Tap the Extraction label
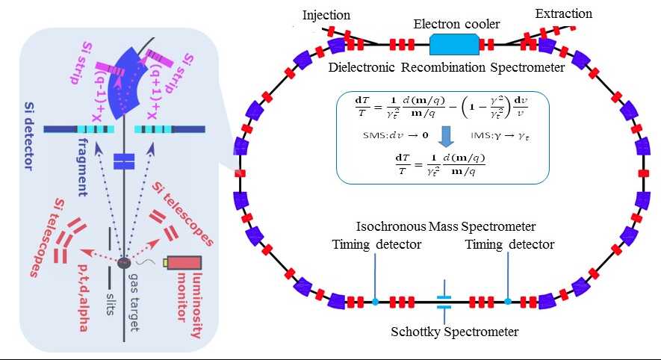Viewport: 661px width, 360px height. pyautogui.click(x=564, y=13)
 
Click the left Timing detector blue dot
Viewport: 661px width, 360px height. pyautogui.click(x=375, y=302)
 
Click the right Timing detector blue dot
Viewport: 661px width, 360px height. pyautogui.click(x=507, y=301)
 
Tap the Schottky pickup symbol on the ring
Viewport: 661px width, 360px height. pyautogui.click(x=444, y=301)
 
